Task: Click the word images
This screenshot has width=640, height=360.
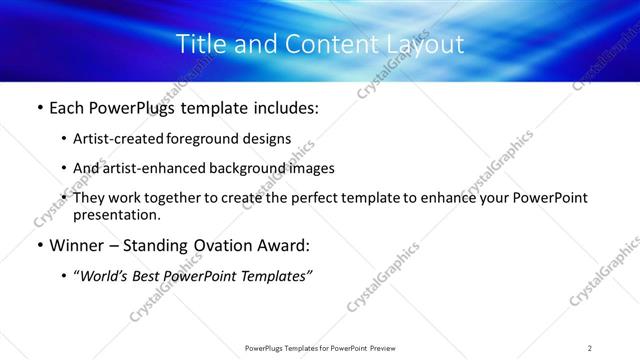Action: (311, 169)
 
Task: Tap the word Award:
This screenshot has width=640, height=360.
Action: (283, 245)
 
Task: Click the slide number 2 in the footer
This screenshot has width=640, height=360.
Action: (590, 348)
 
